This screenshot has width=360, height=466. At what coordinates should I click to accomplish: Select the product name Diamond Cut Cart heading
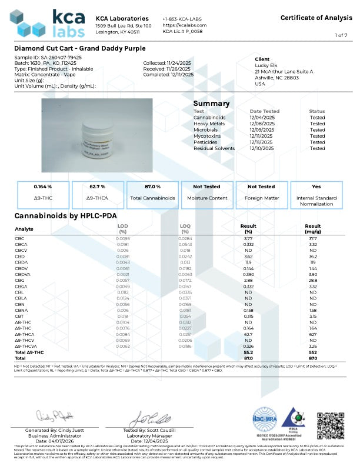point(79,48)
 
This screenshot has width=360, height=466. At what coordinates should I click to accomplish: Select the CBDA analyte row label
point(21,262)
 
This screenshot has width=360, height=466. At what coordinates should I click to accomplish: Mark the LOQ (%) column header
point(187,228)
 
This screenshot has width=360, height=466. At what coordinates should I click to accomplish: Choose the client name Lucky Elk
point(265,65)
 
